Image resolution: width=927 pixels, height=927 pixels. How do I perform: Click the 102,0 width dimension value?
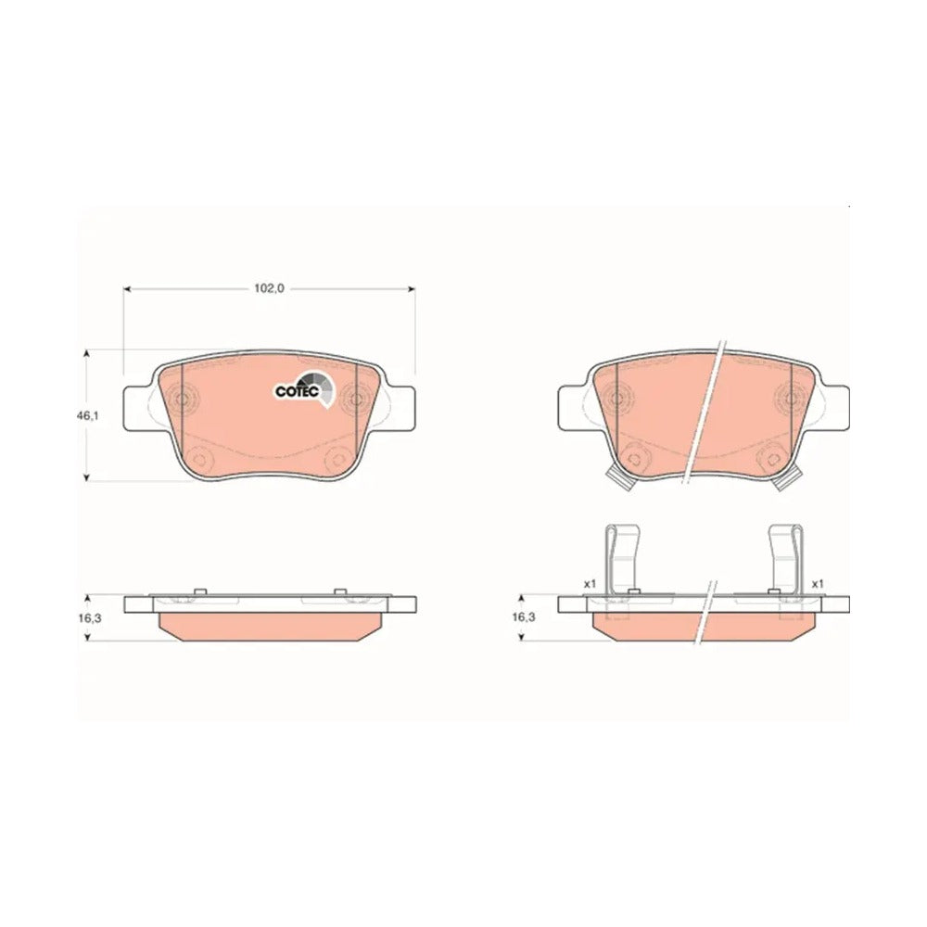coord(270,288)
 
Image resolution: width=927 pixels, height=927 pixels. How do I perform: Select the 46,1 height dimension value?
coord(87,415)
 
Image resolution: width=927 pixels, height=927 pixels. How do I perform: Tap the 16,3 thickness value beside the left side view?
coord(87,617)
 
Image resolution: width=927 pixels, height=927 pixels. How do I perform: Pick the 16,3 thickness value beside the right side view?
coord(523,617)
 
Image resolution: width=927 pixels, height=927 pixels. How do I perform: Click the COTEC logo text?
coord(297,391)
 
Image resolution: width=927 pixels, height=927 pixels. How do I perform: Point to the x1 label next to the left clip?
coord(590,583)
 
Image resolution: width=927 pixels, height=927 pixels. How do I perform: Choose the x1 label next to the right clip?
coord(818,583)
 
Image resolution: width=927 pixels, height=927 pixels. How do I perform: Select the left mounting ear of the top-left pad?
coord(139,408)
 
